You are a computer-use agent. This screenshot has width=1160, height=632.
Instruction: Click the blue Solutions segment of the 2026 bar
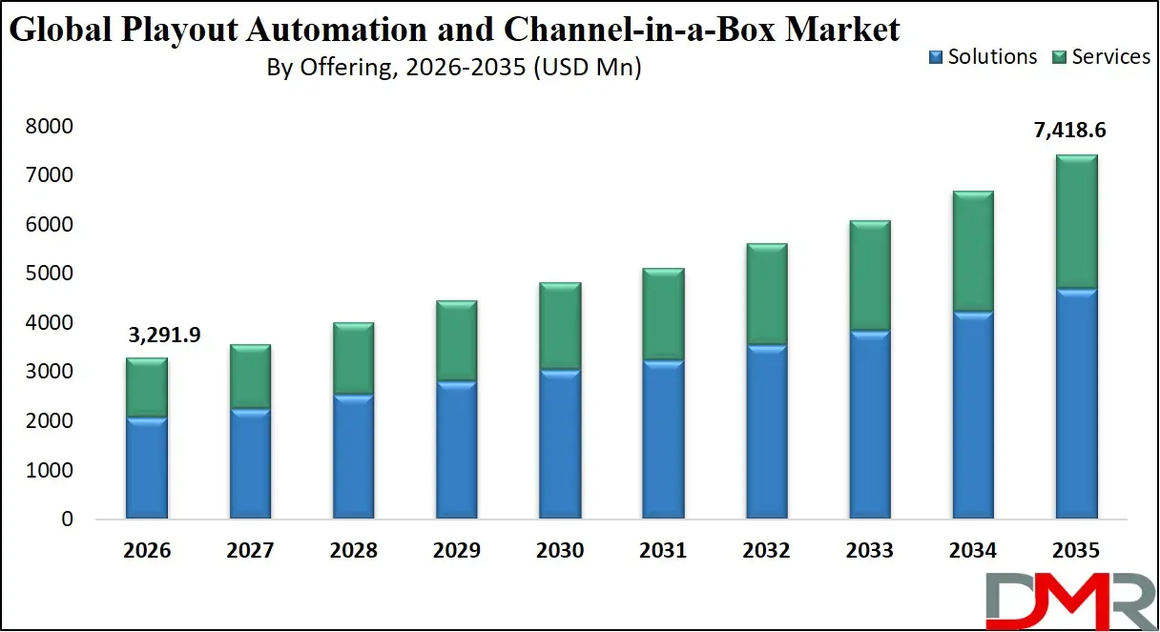pos(146,468)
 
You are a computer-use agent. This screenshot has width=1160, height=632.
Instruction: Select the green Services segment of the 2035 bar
pos(1075,221)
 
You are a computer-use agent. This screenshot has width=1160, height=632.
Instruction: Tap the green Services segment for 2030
pos(559,326)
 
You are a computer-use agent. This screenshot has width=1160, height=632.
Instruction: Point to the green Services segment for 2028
pos(353,358)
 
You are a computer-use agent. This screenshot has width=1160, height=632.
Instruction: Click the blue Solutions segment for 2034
pos(972,415)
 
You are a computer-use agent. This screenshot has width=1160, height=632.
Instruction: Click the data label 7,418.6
pos(1075,131)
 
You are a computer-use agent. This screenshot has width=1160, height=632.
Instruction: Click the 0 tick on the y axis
pos(67,520)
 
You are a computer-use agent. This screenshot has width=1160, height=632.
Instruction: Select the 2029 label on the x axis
pos(456,551)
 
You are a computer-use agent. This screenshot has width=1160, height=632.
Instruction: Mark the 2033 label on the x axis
pos(869,551)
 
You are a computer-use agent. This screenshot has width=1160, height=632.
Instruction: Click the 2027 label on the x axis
pos(250,551)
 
